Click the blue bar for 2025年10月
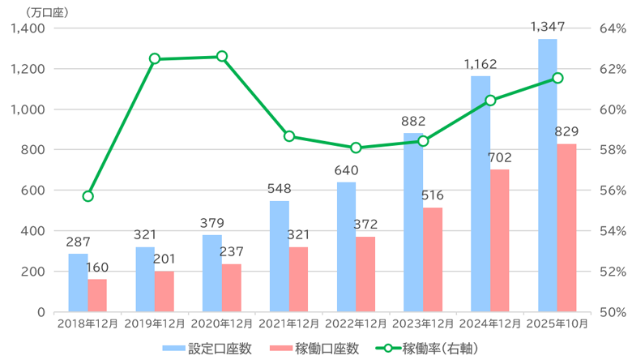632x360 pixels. tap(548, 174)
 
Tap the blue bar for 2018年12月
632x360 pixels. tap(78, 282)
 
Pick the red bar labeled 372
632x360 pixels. tap(365, 274)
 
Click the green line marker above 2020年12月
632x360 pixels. tap(221, 57)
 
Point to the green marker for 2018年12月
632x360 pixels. tap(88, 196)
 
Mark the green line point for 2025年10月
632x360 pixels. tap(557, 78)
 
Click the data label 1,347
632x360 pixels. tap(548, 28)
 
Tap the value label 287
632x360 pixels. tap(78, 242)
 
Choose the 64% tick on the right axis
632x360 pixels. tap(610, 28)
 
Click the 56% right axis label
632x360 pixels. tap(610, 191)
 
